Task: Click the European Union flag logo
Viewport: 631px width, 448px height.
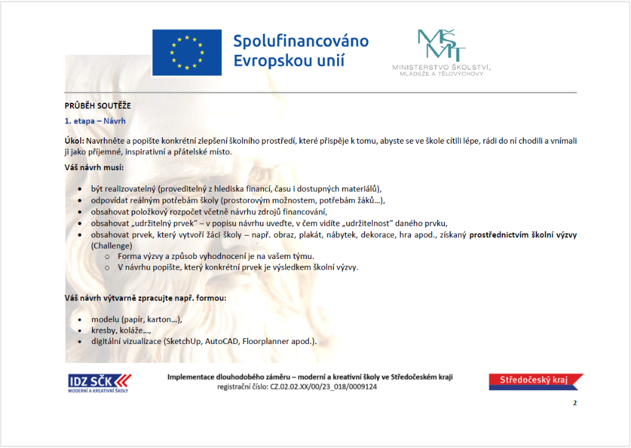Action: pos(187,52)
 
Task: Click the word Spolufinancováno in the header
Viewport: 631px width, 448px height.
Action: pos(301,42)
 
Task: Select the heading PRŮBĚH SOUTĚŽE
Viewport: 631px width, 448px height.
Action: pos(98,106)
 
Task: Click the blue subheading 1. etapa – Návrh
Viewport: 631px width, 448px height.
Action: pos(95,120)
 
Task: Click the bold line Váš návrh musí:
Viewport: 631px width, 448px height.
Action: pos(94,168)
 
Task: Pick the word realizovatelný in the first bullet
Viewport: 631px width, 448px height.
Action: pos(133,189)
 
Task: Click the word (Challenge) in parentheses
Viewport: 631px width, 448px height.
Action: pos(112,245)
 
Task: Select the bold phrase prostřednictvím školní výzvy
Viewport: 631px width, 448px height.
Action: pos(522,234)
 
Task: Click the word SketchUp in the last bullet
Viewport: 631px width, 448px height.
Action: pos(183,342)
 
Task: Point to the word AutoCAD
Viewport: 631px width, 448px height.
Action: pos(222,342)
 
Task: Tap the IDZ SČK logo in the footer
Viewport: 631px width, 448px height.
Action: pos(100,382)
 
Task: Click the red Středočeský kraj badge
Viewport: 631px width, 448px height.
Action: pos(535,381)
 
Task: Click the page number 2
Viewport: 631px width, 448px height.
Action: pos(575,403)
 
